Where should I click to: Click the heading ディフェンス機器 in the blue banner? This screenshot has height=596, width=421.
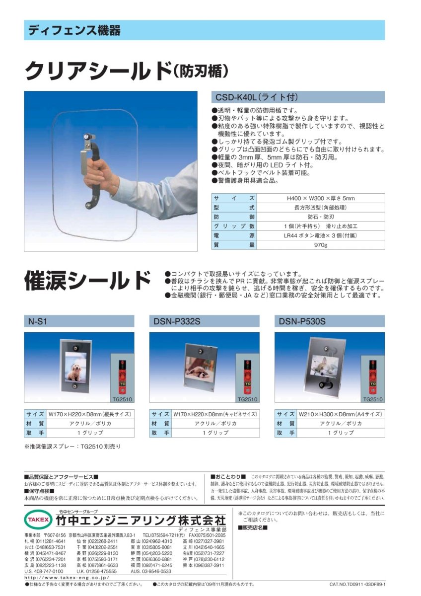pyautogui.click(x=74, y=30)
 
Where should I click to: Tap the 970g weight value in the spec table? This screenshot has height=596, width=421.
pyautogui.click(x=321, y=245)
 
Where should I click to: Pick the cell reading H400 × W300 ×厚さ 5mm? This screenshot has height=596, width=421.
pyautogui.click(x=321, y=198)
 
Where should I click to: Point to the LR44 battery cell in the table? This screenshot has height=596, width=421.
pyautogui.click(x=321, y=235)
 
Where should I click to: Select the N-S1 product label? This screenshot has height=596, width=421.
pyautogui.click(x=38, y=321)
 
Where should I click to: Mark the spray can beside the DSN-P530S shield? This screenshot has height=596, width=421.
pyautogui.click(x=372, y=377)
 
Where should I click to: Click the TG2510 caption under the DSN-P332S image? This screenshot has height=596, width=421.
pyautogui.click(x=247, y=399)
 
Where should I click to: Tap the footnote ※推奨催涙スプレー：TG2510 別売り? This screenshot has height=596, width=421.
pyautogui.click(x=72, y=447)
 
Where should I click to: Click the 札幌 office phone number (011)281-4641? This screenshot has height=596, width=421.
pyautogui.click(x=52, y=541)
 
